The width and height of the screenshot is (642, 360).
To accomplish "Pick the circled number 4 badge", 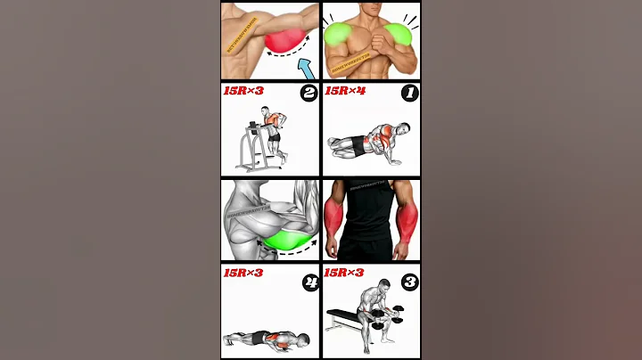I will point(308,283).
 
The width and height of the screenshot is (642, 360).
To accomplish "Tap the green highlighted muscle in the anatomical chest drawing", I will point(284,239).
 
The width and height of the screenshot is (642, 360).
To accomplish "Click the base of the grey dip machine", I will point(258,167).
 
